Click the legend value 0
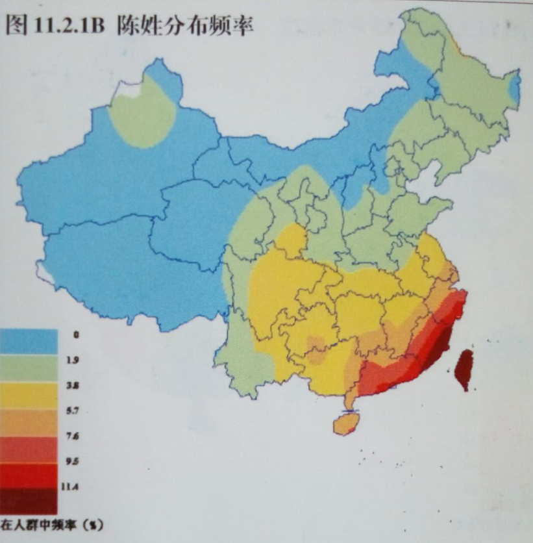click(76, 335)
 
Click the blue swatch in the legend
click(29, 342)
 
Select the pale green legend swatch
click(29, 368)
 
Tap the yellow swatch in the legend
click(29, 395)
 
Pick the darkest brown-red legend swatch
click(29, 501)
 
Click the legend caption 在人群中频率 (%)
click(52, 524)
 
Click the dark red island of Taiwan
click(464, 369)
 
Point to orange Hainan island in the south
click(347, 424)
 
